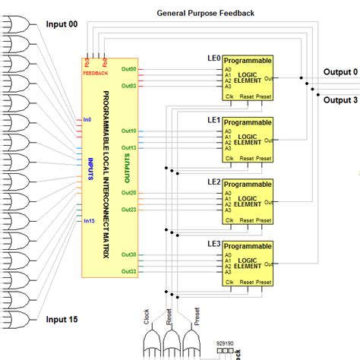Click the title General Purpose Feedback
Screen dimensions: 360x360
[x=205, y=13]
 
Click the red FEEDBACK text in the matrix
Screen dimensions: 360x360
[x=96, y=74]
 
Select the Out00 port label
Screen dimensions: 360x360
[x=128, y=70]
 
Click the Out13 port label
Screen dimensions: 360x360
[x=128, y=147]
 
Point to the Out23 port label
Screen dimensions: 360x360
[x=128, y=210]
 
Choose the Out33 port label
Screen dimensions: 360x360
[x=128, y=271]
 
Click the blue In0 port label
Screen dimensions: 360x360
[x=87, y=120]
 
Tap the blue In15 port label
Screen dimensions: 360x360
[x=90, y=222]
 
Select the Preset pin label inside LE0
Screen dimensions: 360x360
[x=263, y=96]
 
